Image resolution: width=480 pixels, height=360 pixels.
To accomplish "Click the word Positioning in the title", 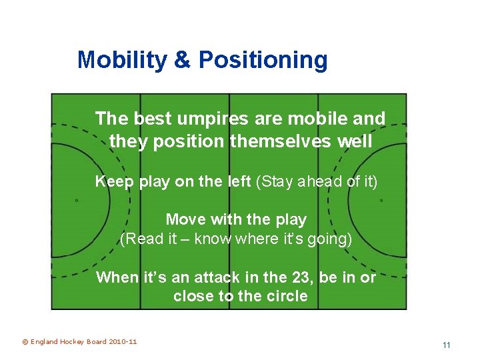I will tap(263, 60).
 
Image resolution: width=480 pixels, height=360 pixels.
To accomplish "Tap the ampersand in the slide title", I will tap(181, 60).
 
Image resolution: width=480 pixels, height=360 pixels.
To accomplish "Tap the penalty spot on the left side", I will tap(76, 200).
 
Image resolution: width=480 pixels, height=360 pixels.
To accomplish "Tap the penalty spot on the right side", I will tap(381, 200).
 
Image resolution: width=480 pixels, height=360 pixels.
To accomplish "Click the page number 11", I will tap(446, 345).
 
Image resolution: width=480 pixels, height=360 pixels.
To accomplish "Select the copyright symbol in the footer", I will tap(25, 342).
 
